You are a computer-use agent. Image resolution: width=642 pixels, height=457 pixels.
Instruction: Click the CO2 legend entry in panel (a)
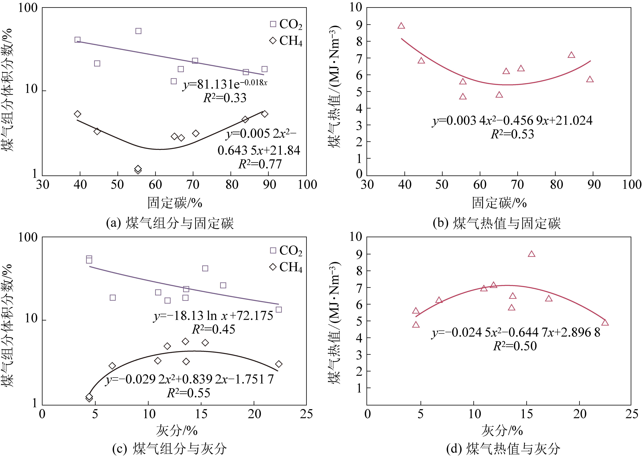click(x=286, y=24)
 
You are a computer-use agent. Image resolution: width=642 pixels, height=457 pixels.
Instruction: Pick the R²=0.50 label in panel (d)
click(x=515, y=346)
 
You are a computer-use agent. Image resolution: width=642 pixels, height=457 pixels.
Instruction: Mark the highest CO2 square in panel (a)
click(x=138, y=31)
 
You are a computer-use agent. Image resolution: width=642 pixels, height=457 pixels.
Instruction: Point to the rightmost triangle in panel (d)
click(x=605, y=323)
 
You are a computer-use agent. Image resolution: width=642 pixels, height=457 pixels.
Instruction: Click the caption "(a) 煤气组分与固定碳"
click(x=170, y=223)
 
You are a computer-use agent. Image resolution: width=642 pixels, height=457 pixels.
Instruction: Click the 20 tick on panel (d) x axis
click(x=580, y=414)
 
